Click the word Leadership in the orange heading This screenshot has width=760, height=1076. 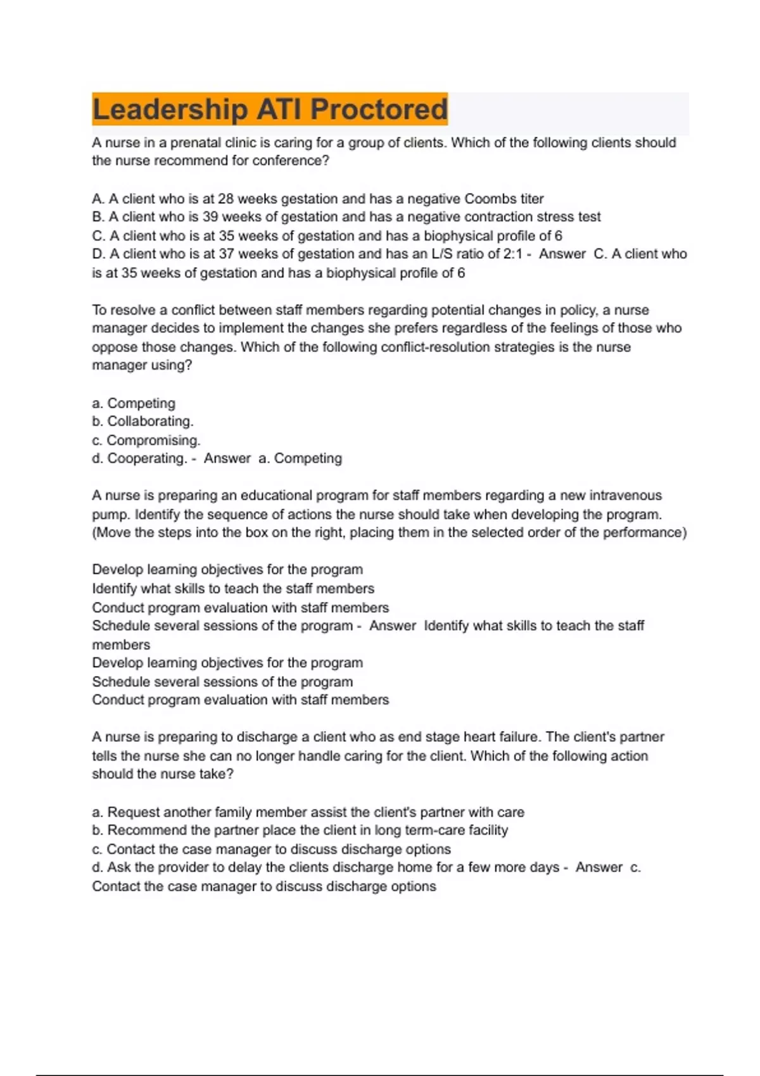coord(169,109)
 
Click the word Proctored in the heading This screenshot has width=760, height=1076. coord(379,109)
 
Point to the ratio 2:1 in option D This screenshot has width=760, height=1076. coord(510,254)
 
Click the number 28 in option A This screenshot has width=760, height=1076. coord(226,199)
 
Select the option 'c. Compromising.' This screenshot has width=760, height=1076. coord(146,440)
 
